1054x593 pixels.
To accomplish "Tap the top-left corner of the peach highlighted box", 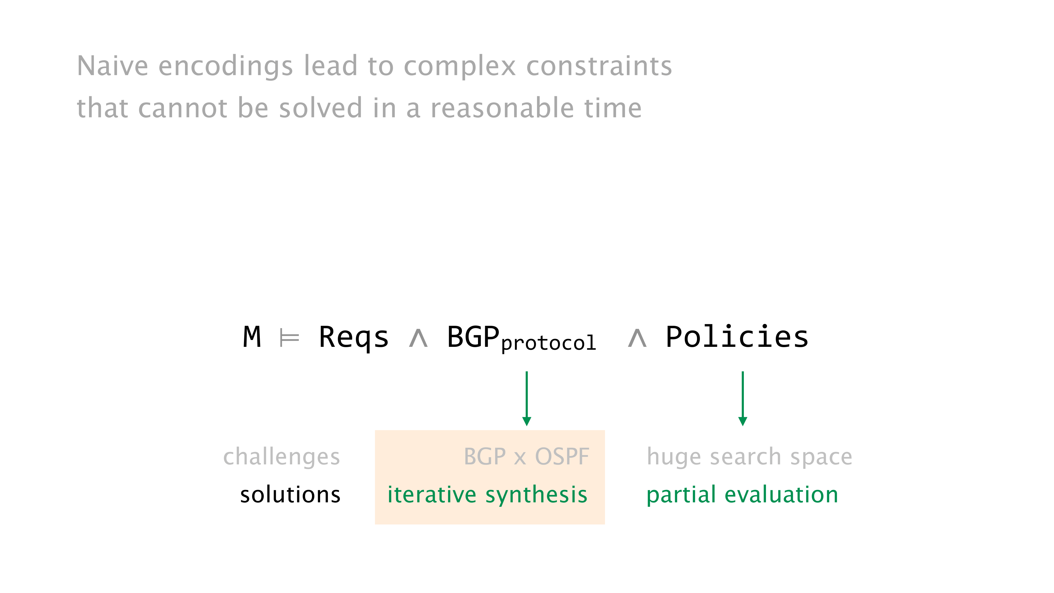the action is point(375,431).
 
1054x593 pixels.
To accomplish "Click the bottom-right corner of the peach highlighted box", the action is point(605,524).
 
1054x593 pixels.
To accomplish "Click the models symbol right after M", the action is point(289,338).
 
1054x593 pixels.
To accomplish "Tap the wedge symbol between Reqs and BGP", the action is point(418,338).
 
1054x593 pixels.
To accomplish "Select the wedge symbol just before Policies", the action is point(637,338).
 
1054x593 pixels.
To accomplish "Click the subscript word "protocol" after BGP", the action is point(548,343).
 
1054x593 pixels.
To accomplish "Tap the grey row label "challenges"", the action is point(281,457).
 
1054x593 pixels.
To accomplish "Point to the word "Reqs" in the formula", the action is point(354,338).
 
